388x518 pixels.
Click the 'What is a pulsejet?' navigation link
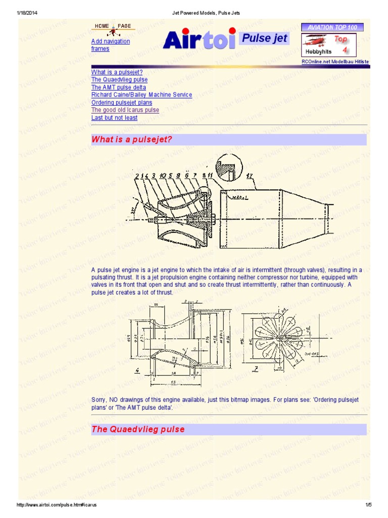click(114, 72)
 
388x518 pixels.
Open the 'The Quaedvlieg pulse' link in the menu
click(119, 80)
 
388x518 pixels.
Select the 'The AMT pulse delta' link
click(118, 88)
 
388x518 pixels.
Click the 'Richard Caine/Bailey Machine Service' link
click(141, 95)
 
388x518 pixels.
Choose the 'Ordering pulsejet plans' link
click(121, 103)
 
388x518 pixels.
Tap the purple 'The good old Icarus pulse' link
click(125, 110)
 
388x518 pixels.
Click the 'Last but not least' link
click(114, 118)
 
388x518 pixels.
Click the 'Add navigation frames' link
click(110, 45)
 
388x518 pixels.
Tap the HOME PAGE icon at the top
click(113, 29)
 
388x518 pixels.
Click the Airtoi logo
click(199, 39)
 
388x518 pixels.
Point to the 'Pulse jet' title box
click(264, 38)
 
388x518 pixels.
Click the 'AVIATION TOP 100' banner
click(335, 27)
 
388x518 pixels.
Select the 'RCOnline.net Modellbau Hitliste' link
click(335, 62)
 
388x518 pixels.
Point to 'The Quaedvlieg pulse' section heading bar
click(228, 429)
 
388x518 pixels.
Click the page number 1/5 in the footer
click(368, 505)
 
